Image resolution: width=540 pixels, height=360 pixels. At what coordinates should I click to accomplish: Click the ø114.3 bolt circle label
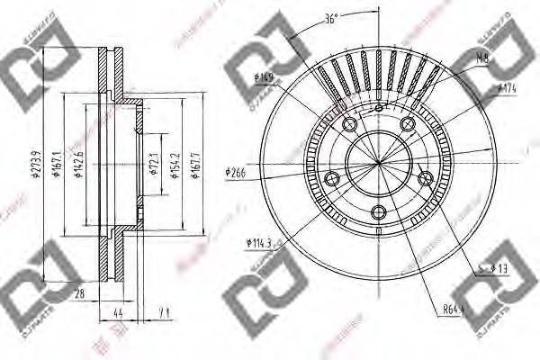point(260,241)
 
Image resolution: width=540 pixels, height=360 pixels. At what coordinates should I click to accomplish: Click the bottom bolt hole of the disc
point(378,212)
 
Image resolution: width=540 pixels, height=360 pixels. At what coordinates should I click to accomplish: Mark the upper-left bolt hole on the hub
point(349,123)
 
